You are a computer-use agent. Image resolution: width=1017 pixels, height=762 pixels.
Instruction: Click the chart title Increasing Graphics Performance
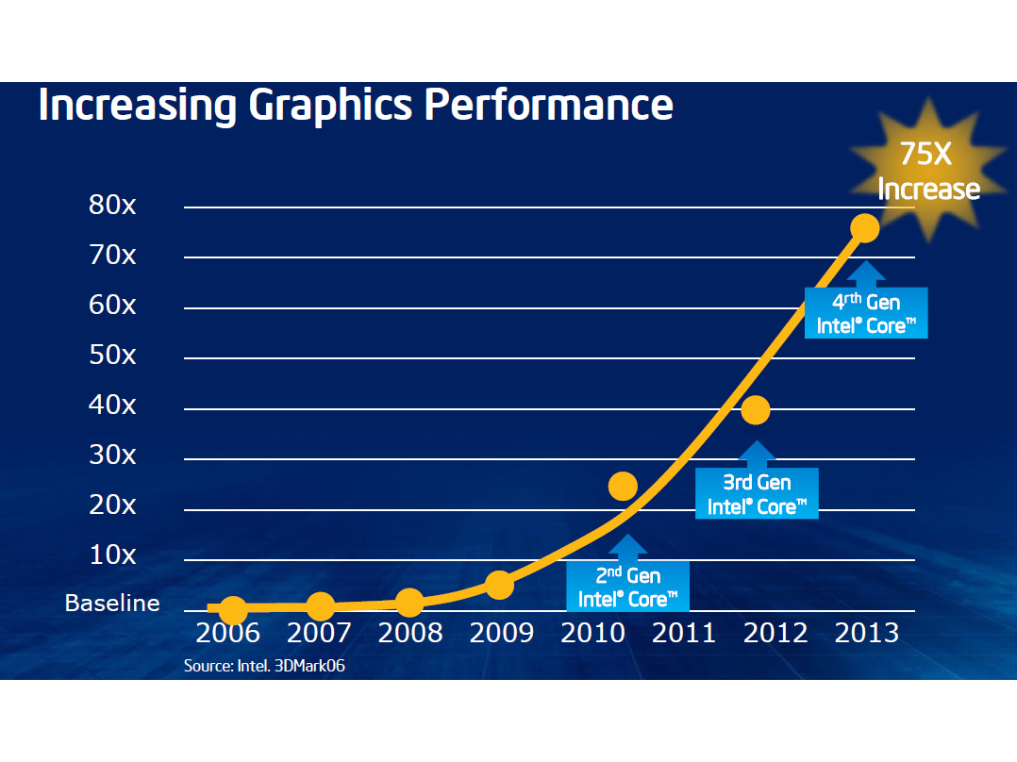[x=356, y=105]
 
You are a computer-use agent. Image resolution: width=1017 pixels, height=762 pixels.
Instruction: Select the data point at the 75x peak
[x=864, y=227]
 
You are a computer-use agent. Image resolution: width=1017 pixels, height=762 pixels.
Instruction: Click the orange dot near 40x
[x=756, y=409]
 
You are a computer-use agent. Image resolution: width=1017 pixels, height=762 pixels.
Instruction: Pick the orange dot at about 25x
[x=623, y=486]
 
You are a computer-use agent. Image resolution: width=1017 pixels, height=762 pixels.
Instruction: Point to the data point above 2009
[x=499, y=586]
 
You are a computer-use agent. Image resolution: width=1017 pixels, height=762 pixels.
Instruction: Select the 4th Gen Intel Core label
[x=867, y=314]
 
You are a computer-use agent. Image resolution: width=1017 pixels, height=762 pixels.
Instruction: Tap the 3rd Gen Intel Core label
[x=758, y=495]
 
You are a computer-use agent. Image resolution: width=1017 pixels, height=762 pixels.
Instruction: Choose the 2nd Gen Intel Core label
[x=628, y=587]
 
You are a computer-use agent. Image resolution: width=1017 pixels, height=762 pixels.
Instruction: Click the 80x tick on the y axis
[x=112, y=206]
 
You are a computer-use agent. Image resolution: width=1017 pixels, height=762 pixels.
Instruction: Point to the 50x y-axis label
[x=112, y=356]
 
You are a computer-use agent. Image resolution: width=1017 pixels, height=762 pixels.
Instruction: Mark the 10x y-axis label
[x=112, y=555]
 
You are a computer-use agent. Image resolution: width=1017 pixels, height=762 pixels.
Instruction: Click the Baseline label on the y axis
[x=112, y=604]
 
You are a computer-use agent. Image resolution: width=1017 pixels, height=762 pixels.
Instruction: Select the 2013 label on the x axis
[x=867, y=632]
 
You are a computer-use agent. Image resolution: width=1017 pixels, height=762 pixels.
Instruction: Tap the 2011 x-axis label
[x=684, y=632]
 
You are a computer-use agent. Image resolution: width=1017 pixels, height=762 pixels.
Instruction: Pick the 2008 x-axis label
[x=410, y=632]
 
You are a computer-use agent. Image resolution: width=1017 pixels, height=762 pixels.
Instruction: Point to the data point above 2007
[x=321, y=607]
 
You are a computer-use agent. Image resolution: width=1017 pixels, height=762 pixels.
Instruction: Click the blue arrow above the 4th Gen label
[x=866, y=273]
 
